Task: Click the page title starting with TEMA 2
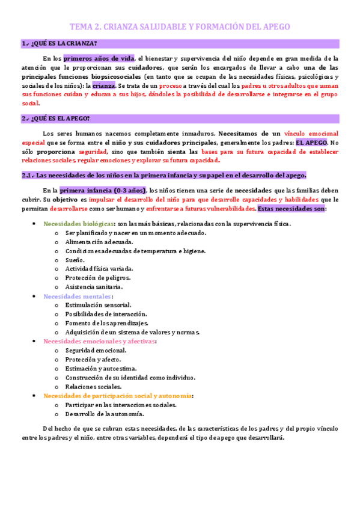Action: click(180, 27)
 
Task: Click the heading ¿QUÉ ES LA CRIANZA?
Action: click(59, 44)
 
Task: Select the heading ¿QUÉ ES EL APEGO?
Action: click(55, 118)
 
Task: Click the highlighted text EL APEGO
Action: click(312, 143)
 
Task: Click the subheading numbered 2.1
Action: click(163, 174)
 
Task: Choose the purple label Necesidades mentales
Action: click(77, 296)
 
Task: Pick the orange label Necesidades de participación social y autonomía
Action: click(118, 396)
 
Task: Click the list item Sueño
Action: click(76, 260)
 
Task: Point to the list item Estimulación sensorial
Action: click(97, 305)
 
